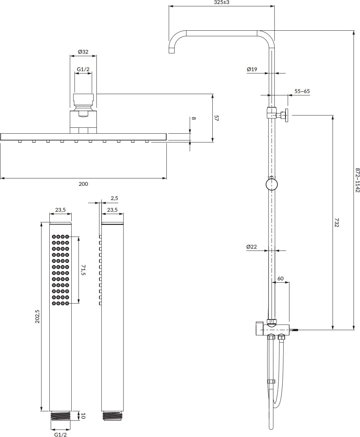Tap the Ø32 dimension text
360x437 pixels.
pos(83,52)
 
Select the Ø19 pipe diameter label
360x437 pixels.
pos(252,69)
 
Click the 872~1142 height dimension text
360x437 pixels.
pos(357,180)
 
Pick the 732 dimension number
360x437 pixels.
pos(337,223)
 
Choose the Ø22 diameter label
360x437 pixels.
pos(252,247)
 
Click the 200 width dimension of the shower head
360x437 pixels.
pos(83,184)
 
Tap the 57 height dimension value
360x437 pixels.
pos(216,118)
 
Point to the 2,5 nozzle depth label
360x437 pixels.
pos(114,198)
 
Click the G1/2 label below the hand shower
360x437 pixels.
pos(60,434)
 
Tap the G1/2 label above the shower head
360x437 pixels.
pos(83,69)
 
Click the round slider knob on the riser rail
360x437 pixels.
pos(271,184)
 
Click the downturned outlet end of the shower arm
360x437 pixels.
pos(171,50)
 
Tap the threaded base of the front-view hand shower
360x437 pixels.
pos(60,416)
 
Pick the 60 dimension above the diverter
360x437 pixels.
pos(280,278)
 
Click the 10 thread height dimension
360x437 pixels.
pos(83,415)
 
